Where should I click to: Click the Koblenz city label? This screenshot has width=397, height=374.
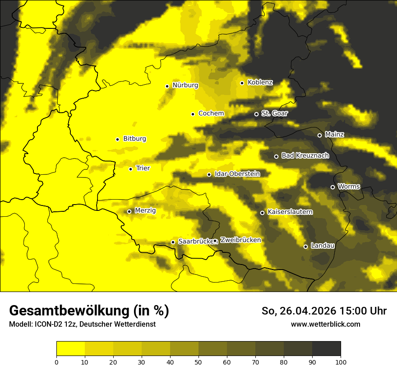[260, 82]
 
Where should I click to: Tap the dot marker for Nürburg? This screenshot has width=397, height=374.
[167, 86]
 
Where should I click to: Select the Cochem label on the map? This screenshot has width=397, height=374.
[211, 114]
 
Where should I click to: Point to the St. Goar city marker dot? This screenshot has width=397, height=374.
[256, 114]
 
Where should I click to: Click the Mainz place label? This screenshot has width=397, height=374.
[334, 134]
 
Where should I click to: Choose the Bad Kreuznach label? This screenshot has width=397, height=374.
[305, 155]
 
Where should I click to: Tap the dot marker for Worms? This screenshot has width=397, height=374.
[332, 187]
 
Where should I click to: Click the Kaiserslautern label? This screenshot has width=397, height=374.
[290, 212]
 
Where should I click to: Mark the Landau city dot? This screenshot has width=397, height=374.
[305, 246]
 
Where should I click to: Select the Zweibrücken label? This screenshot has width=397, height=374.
[240, 240]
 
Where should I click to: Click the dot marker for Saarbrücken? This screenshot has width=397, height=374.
[173, 242]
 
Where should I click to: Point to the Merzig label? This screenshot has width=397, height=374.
[145, 210]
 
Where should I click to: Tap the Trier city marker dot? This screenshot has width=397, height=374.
[130, 169]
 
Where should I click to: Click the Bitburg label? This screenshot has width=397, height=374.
[134, 139]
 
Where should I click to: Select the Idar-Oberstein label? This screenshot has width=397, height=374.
[237, 174]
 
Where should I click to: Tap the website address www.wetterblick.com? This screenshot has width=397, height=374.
[325, 324]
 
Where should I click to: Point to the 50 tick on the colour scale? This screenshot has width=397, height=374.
[198, 361]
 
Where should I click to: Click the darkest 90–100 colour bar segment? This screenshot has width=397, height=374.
[326, 348]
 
